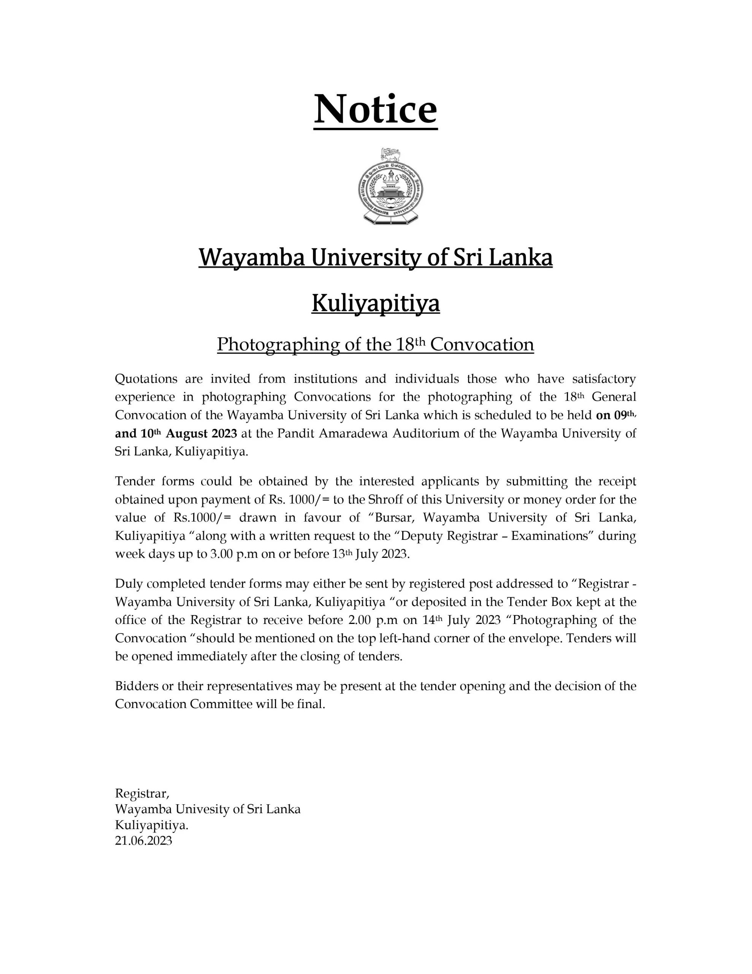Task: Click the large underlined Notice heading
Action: pyautogui.click(x=375, y=110)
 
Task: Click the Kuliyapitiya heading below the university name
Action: pyautogui.click(x=375, y=303)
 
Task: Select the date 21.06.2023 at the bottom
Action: pyautogui.click(x=143, y=841)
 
